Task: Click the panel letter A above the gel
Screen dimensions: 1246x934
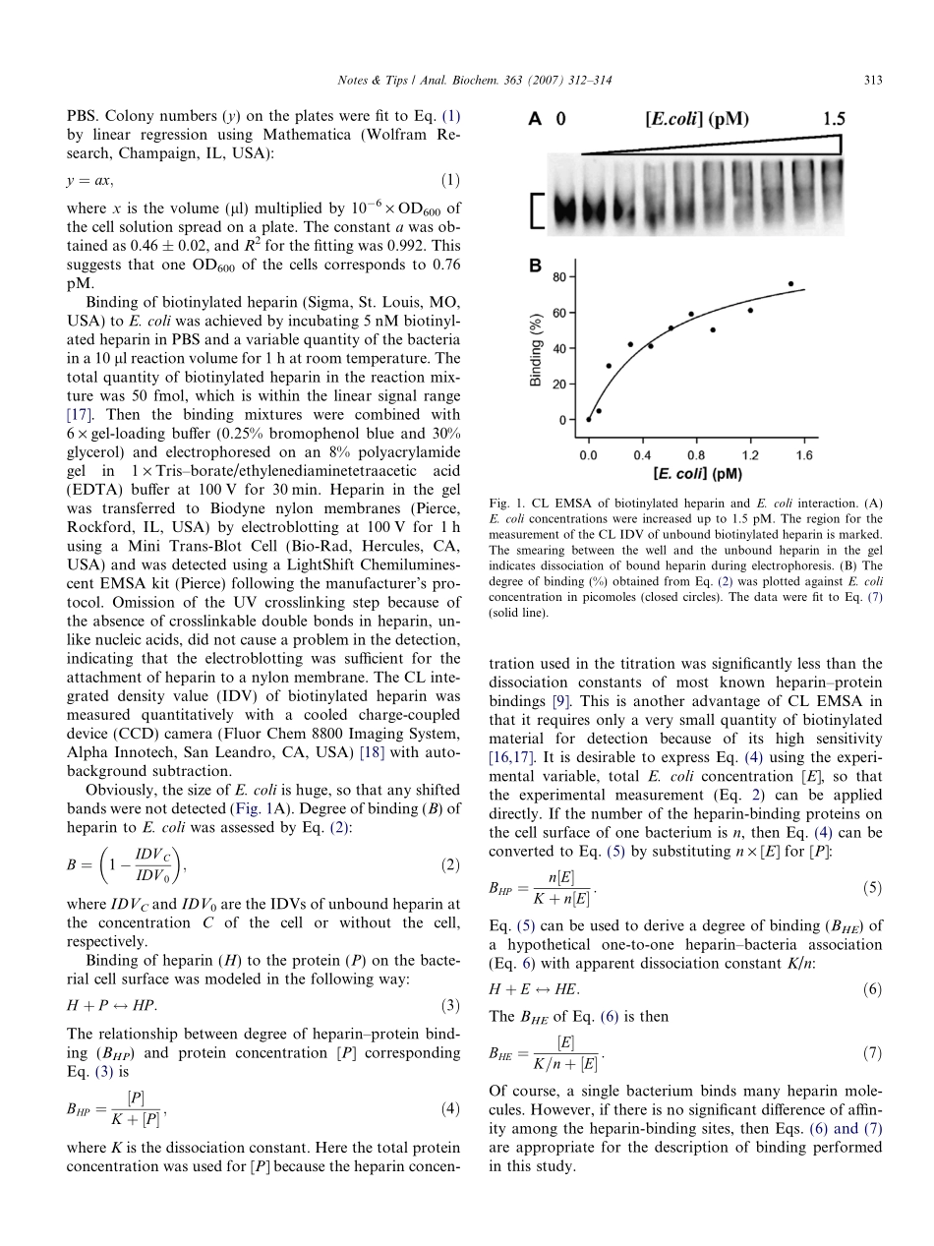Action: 535,119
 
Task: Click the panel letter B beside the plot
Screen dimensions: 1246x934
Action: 535,266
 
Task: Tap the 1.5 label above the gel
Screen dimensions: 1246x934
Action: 826,119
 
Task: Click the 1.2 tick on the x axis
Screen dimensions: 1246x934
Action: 750,455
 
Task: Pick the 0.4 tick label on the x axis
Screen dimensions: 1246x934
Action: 642,455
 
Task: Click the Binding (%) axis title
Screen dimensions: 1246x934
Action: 538,348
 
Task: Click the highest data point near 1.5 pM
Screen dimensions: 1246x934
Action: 790,284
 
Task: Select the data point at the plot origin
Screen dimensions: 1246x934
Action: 589,419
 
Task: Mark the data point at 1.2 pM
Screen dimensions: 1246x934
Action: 750,311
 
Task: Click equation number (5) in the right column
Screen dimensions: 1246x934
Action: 872,888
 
